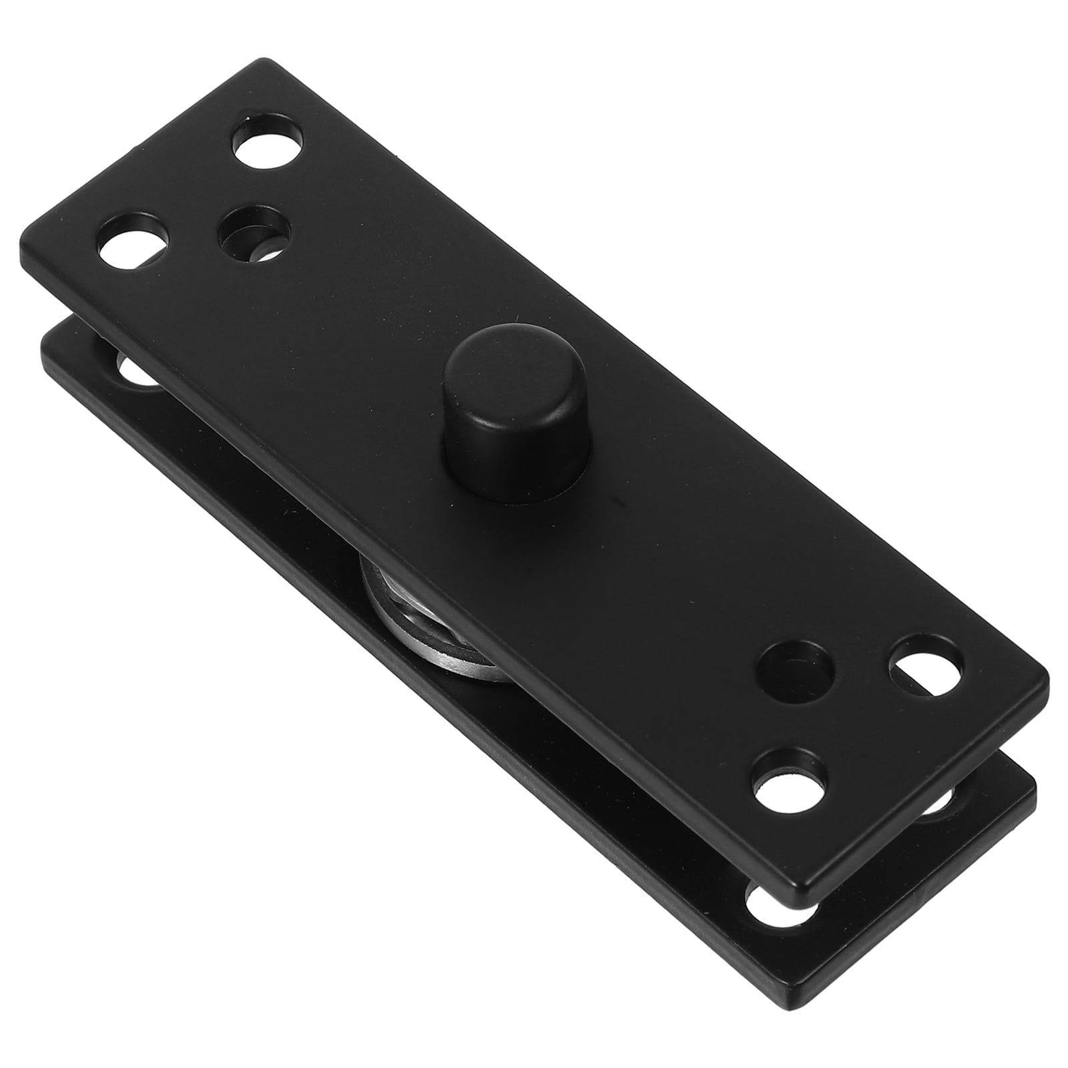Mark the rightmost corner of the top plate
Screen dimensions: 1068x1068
1045,688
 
